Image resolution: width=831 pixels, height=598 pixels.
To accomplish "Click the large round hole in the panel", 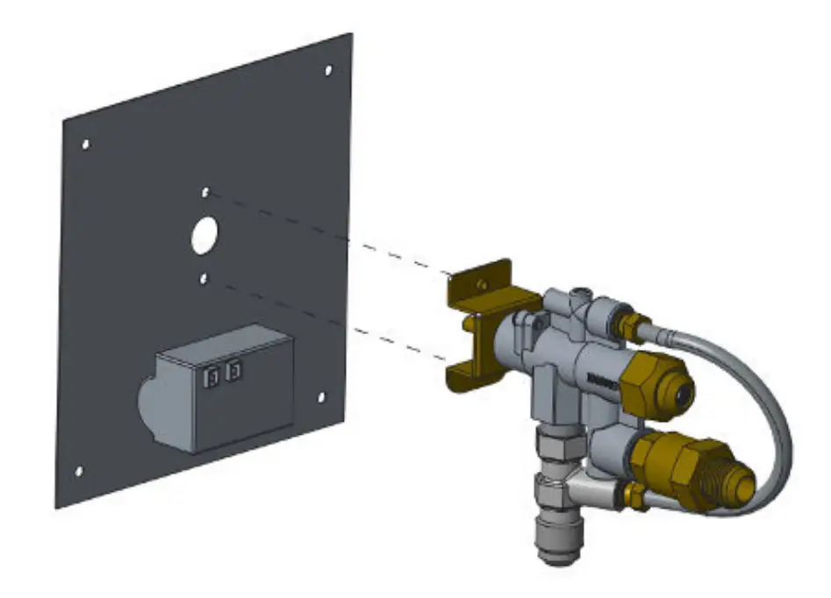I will pyautogui.click(x=204, y=234).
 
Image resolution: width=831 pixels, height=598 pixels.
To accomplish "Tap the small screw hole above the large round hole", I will pyautogui.click(x=205, y=191).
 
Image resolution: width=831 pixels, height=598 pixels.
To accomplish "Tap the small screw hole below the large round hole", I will pyautogui.click(x=204, y=278).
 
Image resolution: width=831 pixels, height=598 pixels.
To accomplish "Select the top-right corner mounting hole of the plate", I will pyautogui.click(x=328, y=70).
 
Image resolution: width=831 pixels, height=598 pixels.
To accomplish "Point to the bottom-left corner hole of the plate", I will pyautogui.click(x=79, y=471).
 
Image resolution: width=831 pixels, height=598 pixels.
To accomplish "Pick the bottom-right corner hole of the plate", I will pyautogui.click(x=320, y=397).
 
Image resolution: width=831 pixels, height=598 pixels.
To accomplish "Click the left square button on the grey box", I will pyautogui.click(x=211, y=376).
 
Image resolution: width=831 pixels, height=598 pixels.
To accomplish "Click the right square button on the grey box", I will pyautogui.click(x=233, y=372).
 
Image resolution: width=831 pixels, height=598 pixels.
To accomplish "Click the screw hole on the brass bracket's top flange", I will pyautogui.click(x=480, y=282).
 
